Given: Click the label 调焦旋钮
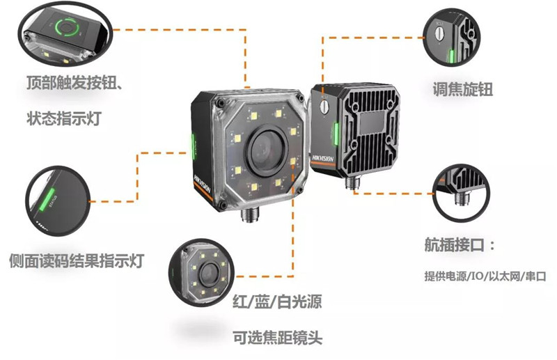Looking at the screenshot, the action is [x=463, y=89].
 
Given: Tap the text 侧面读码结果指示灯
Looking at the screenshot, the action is [x=77, y=260].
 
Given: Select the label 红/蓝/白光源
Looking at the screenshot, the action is [x=277, y=302].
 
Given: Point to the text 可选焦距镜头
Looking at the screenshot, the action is [x=277, y=337].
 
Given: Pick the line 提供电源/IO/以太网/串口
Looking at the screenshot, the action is [x=485, y=276].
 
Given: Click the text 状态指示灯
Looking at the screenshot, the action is [x=64, y=118].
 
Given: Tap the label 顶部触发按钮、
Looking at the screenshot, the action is [x=75, y=83].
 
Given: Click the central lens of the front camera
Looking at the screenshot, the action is [x=265, y=149].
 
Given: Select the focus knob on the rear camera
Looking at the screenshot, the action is [x=324, y=106].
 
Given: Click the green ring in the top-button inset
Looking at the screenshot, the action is [x=65, y=27].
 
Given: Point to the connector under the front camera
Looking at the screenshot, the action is [x=250, y=214].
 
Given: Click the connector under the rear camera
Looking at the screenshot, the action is [x=352, y=182].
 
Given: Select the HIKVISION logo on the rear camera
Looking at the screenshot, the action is [x=323, y=158].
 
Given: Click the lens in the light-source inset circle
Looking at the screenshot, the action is [x=207, y=274].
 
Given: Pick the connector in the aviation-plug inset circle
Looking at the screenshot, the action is [x=462, y=197].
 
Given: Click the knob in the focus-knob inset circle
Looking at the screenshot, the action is [x=441, y=33].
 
